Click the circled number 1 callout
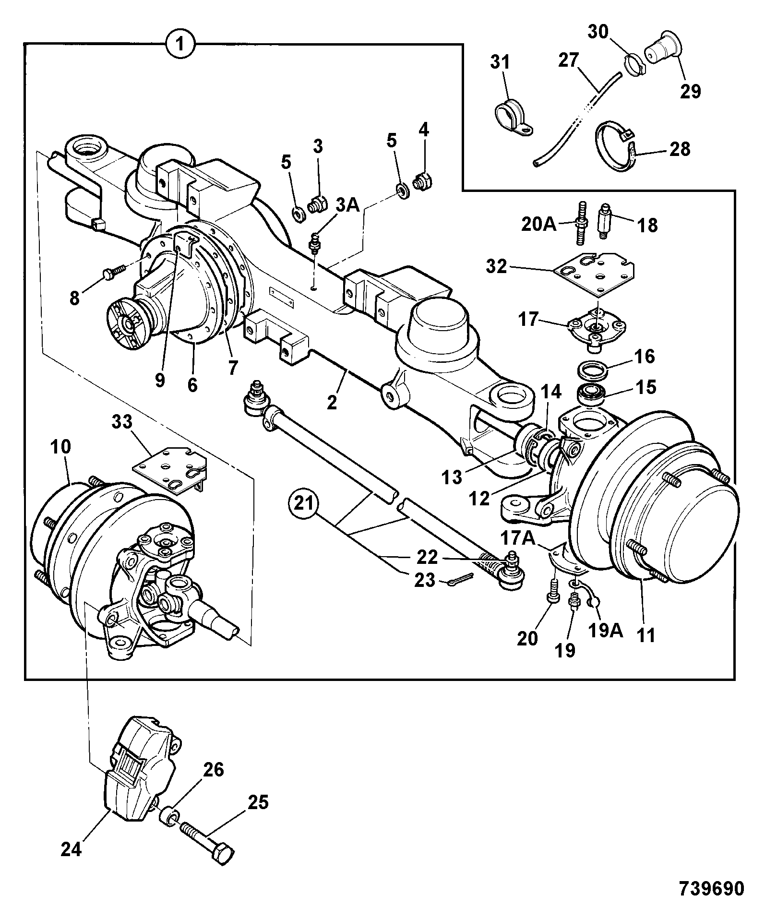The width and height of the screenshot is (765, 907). tap(179, 45)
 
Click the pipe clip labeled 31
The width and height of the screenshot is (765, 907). tap(513, 119)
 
